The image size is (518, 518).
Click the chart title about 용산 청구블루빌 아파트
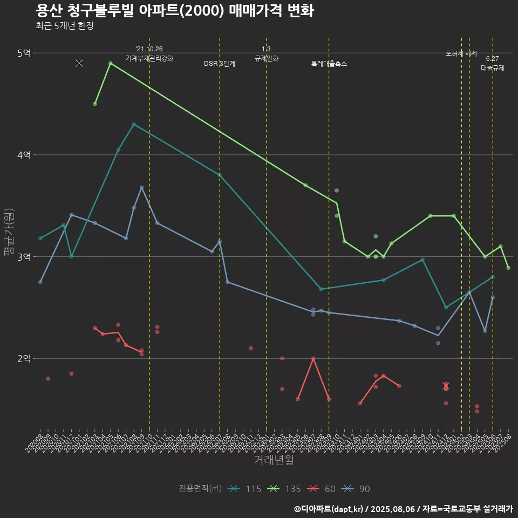(x=174, y=11)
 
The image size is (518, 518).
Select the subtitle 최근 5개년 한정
(x=64, y=25)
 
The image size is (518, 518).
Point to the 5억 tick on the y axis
(x=25, y=53)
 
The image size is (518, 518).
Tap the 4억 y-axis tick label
(x=25, y=155)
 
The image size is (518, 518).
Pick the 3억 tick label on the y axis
(x=25, y=257)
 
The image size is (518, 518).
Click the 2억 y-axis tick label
(x=25, y=359)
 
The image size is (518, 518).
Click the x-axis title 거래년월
(x=274, y=460)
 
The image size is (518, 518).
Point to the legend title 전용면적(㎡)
(x=200, y=489)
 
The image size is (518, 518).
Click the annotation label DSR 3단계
(x=220, y=64)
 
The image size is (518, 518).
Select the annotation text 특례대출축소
(x=329, y=64)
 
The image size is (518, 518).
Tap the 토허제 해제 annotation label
(x=461, y=53)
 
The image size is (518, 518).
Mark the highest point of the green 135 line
(x=110, y=63)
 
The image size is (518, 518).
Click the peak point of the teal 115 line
(x=134, y=124)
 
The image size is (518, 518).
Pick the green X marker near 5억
(x=79, y=63)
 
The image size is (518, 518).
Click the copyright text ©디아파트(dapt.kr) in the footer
(x=329, y=509)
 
